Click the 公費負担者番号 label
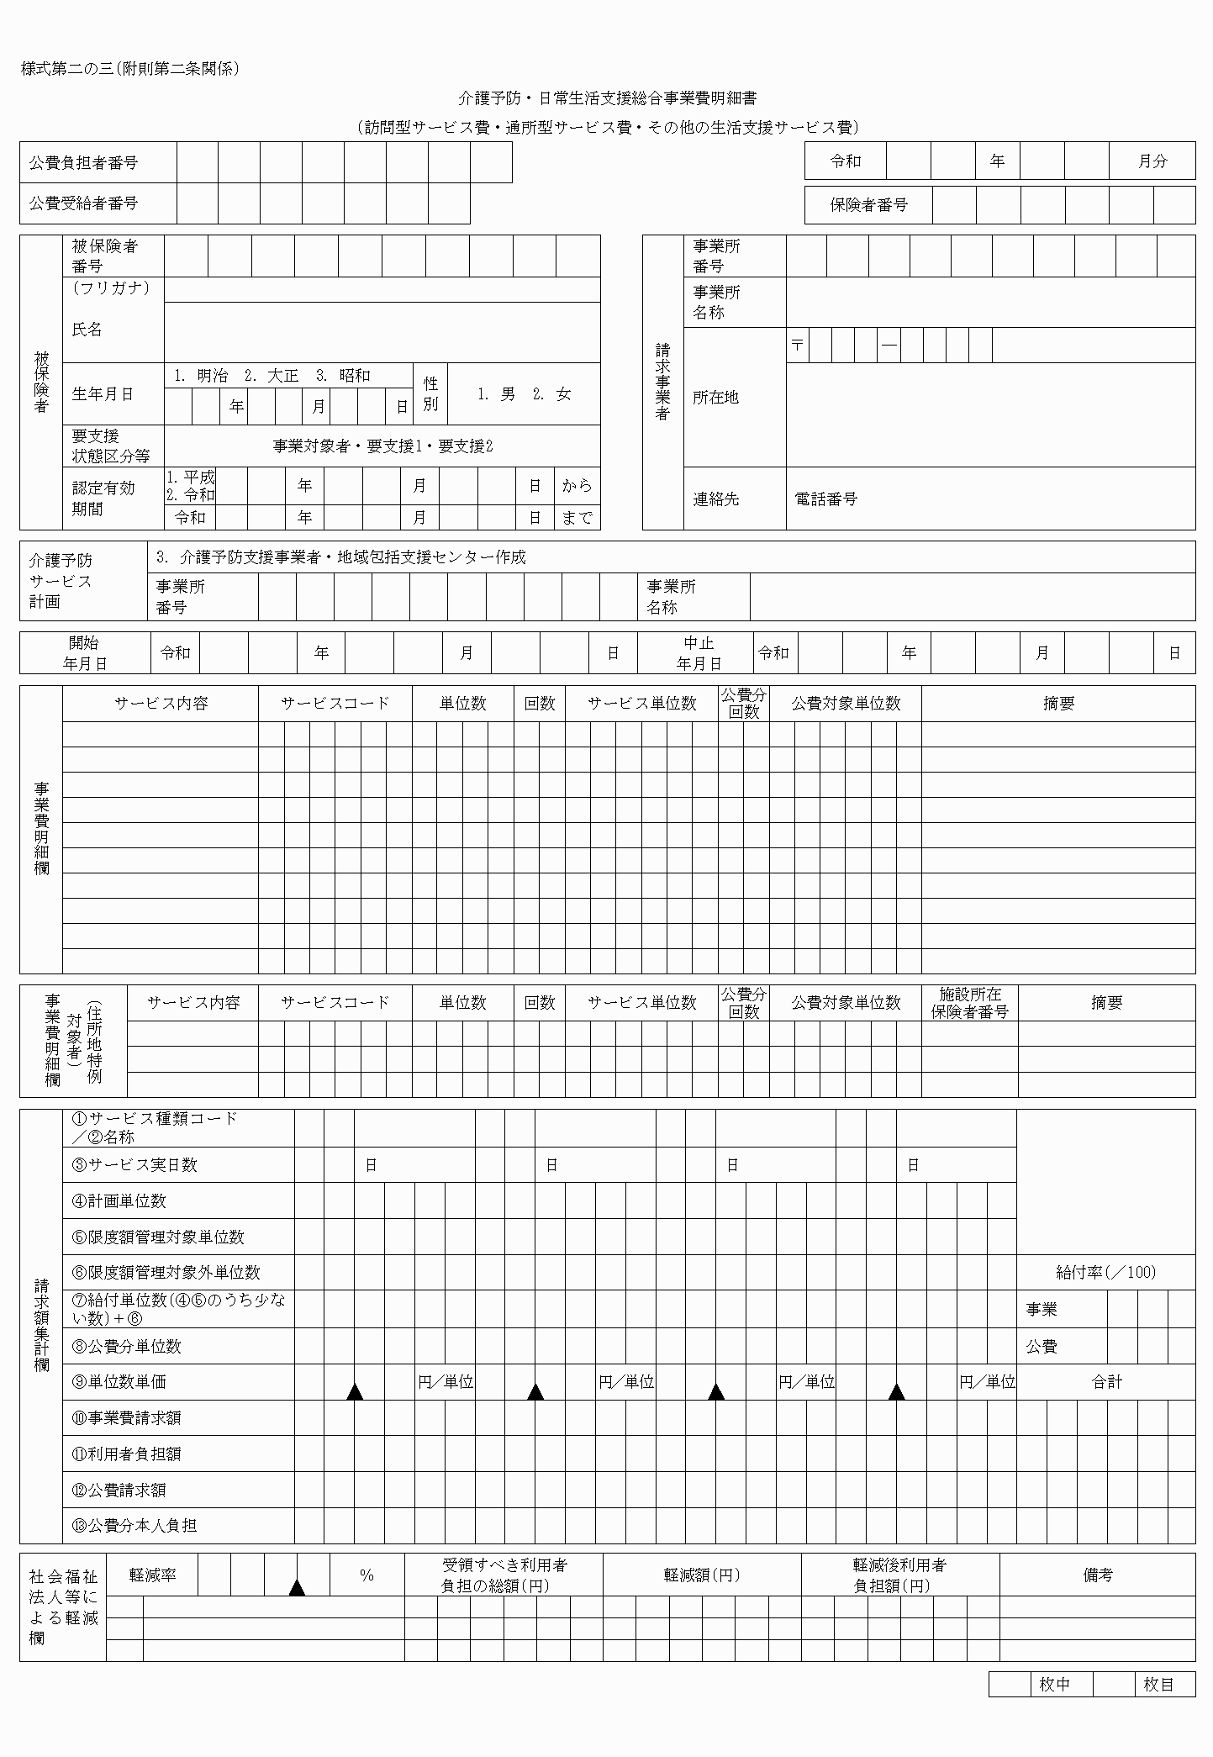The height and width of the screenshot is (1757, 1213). pyautogui.click(x=83, y=163)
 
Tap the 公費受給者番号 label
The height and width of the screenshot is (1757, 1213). pyautogui.click(x=83, y=203)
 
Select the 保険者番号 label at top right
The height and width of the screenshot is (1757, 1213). pyautogui.click(x=868, y=205)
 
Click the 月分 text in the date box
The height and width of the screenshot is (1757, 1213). pyautogui.click(x=1152, y=161)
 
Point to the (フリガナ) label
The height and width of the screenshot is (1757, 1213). pyautogui.click(x=111, y=288)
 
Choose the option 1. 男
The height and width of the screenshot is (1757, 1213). pyautogui.click(x=496, y=394)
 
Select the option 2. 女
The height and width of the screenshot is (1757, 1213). pyautogui.click(x=552, y=394)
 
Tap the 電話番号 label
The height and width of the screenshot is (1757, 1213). pyautogui.click(x=825, y=499)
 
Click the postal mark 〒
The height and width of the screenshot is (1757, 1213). pyautogui.click(x=797, y=346)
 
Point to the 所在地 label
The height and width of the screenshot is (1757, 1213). pyautogui.click(x=715, y=398)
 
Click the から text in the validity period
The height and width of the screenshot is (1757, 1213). pyautogui.click(x=577, y=486)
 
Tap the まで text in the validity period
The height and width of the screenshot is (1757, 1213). pyautogui.click(x=577, y=518)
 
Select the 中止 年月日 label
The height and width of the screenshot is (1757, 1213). pyautogui.click(x=699, y=653)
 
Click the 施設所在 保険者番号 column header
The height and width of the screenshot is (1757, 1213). pyautogui.click(x=969, y=1003)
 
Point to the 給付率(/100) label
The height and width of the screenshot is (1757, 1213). pyautogui.click(x=1105, y=1273)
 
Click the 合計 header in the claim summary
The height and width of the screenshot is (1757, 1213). pyautogui.click(x=1106, y=1382)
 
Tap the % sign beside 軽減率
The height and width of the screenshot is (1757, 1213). pyautogui.click(x=367, y=1575)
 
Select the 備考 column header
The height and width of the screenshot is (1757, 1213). pyautogui.click(x=1098, y=1575)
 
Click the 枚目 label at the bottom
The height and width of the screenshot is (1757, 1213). pyautogui.click(x=1158, y=1685)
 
